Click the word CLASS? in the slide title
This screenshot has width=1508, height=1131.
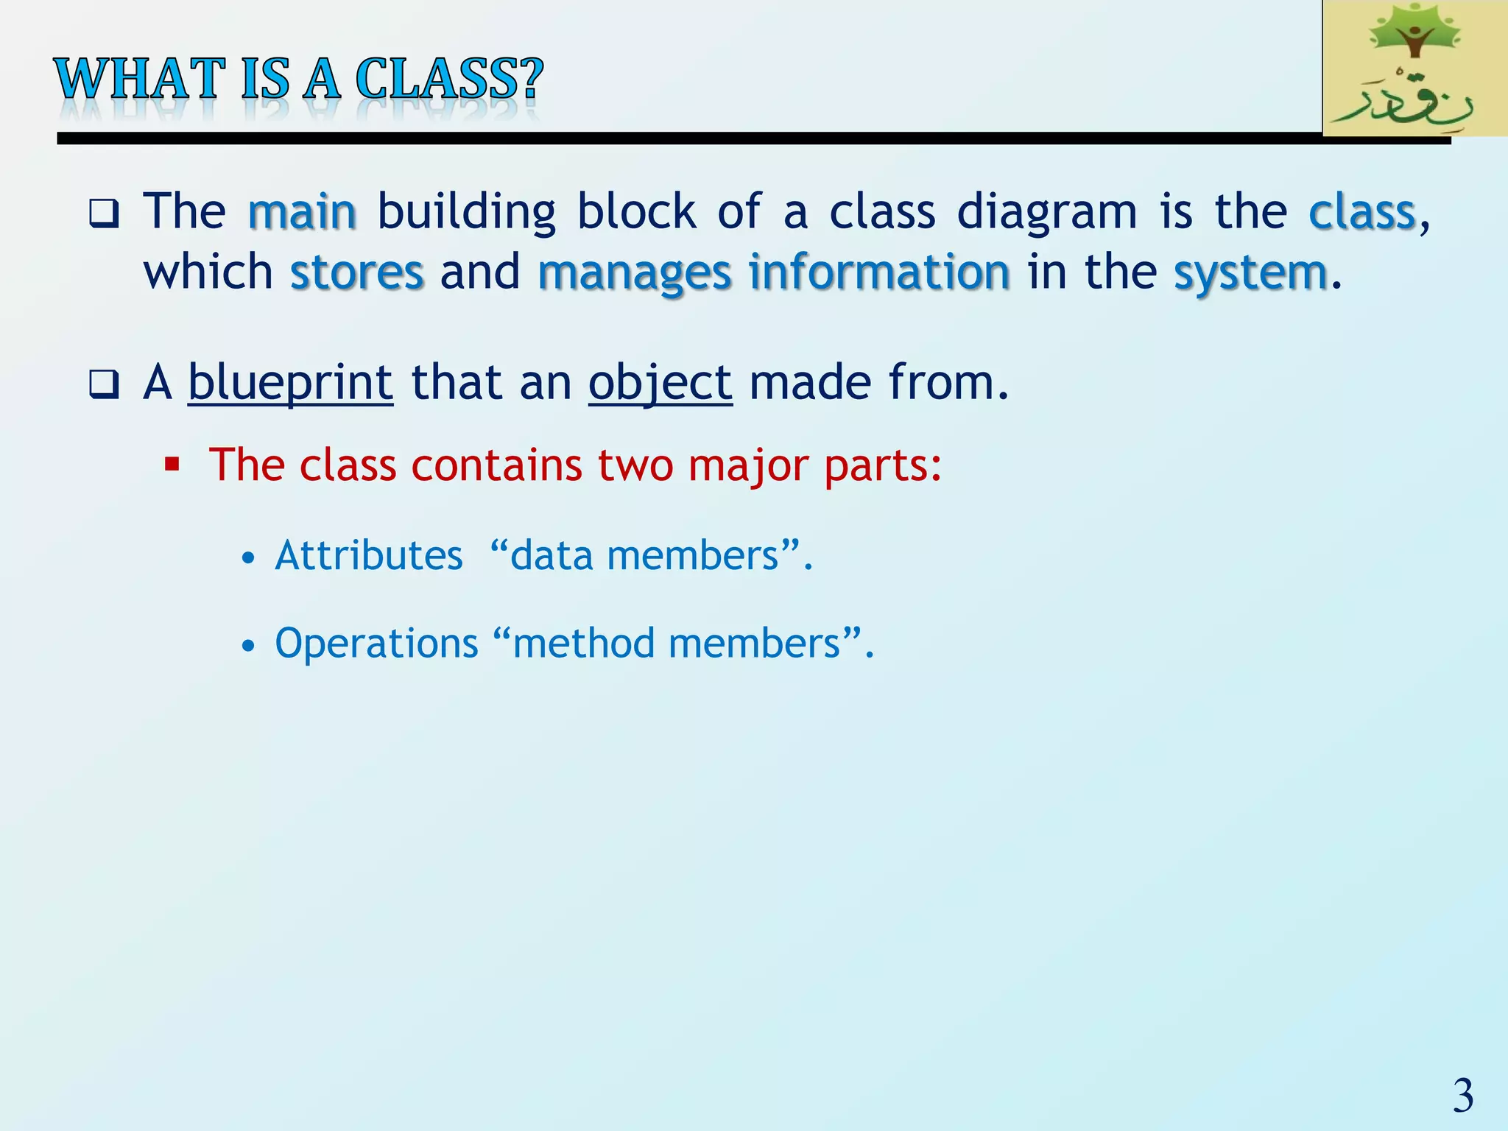click(x=448, y=79)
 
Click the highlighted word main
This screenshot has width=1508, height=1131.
click(x=303, y=213)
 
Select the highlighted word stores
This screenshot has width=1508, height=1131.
click(x=357, y=273)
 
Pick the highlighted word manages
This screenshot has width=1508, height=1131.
click(x=635, y=273)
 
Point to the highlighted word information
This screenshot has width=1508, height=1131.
click(x=879, y=273)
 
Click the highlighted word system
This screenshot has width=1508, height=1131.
click(x=1250, y=273)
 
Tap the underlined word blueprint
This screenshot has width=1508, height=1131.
click(x=291, y=383)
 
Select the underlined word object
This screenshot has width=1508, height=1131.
click(x=660, y=383)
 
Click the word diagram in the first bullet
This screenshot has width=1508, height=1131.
click(x=1047, y=213)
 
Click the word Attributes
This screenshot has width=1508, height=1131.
click(x=369, y=555)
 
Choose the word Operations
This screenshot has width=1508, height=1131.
click(x=376, y=644)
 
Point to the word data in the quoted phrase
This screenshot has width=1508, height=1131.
click(x=552, y=555)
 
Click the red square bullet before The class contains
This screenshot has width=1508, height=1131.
click(x=172, y=465)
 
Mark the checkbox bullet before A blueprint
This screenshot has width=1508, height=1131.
click(x=103, y=384)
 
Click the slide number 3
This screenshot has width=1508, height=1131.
click(x=1462, y=1096)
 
